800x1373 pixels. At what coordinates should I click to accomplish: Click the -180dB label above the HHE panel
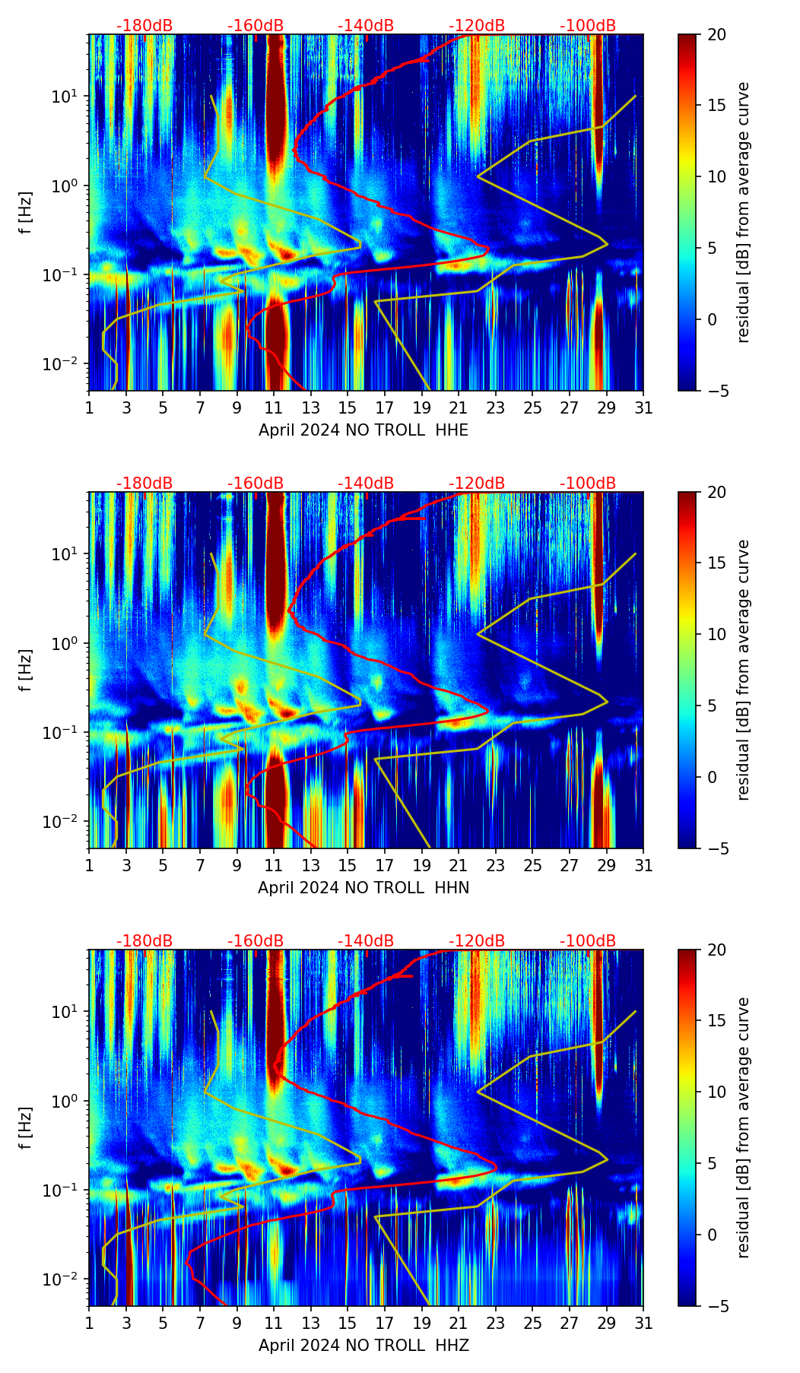pos(144,26)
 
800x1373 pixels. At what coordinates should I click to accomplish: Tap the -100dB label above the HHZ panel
pos(588,941)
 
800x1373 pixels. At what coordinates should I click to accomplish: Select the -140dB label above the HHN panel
pos(366,484)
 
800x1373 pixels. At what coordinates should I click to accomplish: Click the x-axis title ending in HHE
pos(363,430)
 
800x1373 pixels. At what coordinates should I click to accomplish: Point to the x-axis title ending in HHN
pos(363,888)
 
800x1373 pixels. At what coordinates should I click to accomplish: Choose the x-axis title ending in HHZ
pos(363,1346)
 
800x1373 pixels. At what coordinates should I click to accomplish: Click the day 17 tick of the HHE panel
pos(385,408)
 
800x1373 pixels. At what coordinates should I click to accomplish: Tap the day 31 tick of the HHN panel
pos(643,866)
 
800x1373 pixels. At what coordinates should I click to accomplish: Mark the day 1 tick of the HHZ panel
pos(90,1324)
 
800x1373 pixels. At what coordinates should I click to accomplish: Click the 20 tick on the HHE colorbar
pos(716,35)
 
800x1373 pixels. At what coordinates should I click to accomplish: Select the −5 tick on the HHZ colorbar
pos(716,1306)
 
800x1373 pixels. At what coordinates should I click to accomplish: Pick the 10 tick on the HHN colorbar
pos(716,634)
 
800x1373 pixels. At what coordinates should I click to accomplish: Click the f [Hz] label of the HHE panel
pos(26,212)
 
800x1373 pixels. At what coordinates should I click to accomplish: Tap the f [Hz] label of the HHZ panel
pos(26,1127)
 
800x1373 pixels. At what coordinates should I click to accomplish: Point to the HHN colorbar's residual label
pos(744,670)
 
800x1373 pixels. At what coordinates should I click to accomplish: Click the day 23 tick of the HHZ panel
pos(496,1324)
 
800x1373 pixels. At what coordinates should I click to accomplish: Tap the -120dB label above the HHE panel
pos(477,26)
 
